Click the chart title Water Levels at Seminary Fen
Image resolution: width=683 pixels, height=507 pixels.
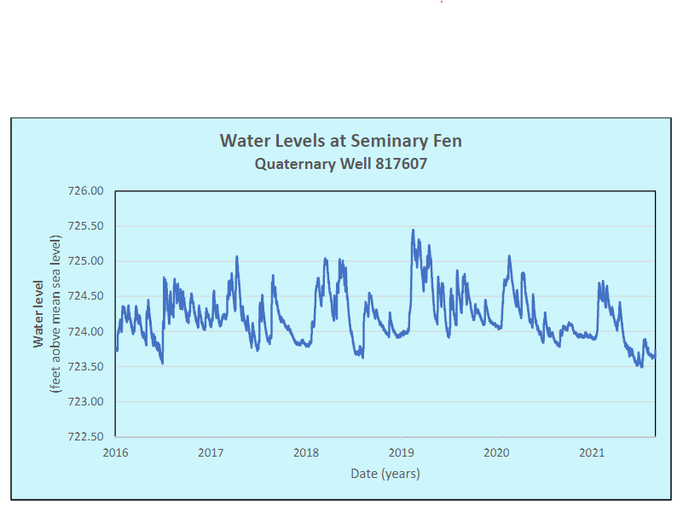coord(340,140)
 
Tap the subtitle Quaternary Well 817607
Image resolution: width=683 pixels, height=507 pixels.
coord(340,162)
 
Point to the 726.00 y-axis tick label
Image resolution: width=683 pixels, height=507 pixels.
coord(84,191)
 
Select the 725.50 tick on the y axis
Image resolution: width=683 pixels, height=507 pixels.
coord(84,226)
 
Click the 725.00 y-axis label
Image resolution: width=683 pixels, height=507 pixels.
coord(84,261)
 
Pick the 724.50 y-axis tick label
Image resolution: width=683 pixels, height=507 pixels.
coord(84,296)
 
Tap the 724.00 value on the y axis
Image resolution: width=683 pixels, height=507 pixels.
coord(84,331)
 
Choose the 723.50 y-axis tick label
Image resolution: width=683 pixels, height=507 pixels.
coord(84,366)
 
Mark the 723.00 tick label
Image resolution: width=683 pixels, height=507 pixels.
coord(84,401)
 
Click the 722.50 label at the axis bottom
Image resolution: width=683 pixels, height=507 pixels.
coord(84,436)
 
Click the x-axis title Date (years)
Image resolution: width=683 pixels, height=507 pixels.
coord(385,473)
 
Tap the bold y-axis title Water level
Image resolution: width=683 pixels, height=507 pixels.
coord(38,313)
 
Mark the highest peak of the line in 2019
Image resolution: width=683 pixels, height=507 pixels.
coord(413,230)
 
